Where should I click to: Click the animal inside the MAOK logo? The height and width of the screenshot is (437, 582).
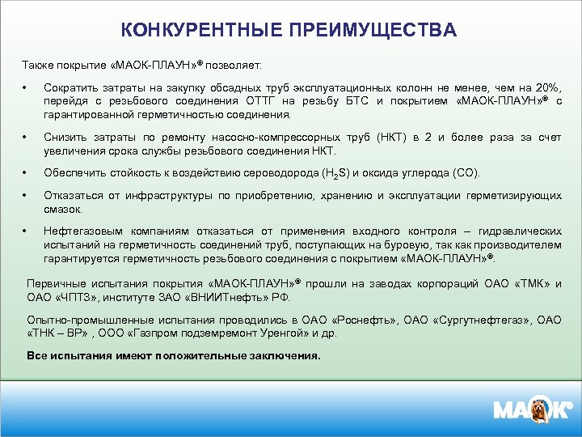[537, 410]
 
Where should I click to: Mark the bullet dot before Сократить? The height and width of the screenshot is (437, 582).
[26, 87]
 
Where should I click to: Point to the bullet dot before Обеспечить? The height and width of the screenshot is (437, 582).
[26, 173]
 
